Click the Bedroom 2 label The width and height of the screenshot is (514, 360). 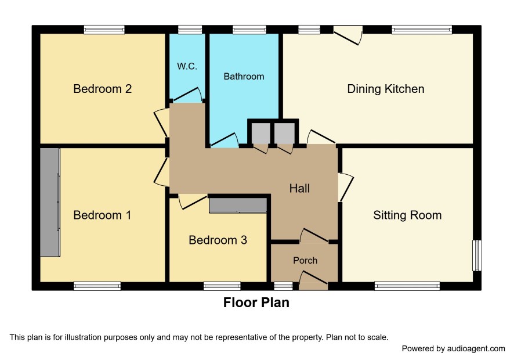tap(102, 89)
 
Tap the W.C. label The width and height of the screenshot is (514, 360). tap(187, 66)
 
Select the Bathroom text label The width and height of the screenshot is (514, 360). tap(244, 77)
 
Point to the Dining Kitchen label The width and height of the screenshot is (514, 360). tap(386, 89)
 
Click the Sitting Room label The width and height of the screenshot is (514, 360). tap(407, 215)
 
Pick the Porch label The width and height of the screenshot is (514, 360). tap(305, 261)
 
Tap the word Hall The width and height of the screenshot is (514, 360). tap(299, 188)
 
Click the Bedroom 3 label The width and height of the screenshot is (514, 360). tap(218, 240)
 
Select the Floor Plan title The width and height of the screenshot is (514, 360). tap(256, 303)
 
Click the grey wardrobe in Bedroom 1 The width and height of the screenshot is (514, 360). tap(50, 202)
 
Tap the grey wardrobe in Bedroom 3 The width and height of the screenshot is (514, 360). tap(238, 206)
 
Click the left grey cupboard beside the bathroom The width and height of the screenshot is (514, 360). tap(260, 133)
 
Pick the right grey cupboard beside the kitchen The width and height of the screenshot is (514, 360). tap(284, 133)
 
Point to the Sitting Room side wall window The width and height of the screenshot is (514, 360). tap(477, 255)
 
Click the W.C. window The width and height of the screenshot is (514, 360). tap(190, 30)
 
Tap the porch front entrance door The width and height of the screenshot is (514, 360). tap(314, 280)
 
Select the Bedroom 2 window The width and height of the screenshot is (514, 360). tap(104, 30)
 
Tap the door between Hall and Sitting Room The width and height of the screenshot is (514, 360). tap(346, 187)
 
